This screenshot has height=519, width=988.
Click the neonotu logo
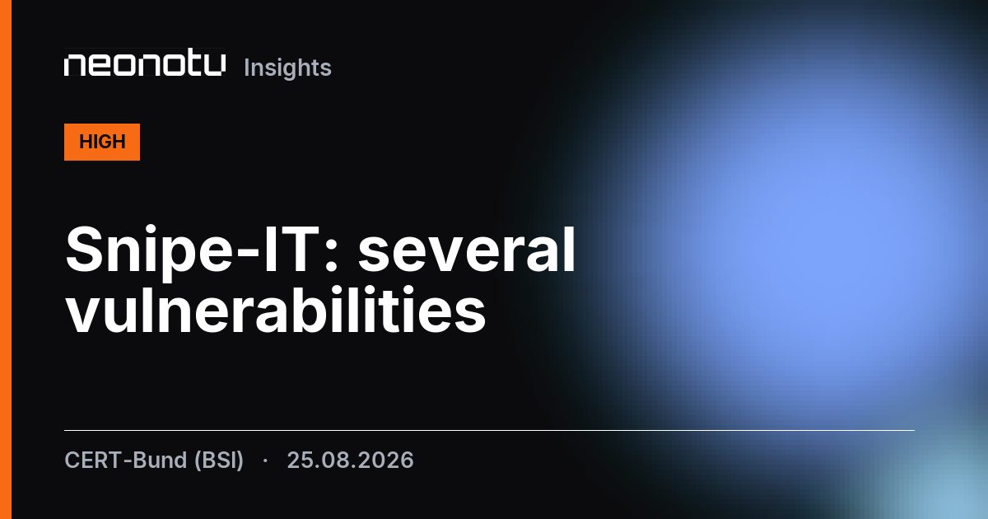pyautogui.click(x=145, y=65)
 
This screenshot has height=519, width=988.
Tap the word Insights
pyautogui.click(x=287, y=68)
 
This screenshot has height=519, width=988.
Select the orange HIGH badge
pyautogui.click(x=102, y=142)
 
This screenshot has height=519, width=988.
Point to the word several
pyautogui.click(x=467, y=250)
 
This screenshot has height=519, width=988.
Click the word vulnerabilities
pyautogui.click(x=276, y=310)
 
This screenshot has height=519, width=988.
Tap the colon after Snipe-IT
pyautogui.click(x=332, y=256)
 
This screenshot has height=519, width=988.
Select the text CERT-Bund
pyautogui.click(x=126, y=460)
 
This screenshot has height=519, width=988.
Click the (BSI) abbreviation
pyautogui.click(x=219, y=461)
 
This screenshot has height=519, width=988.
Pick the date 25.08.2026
pyautogui.click(x=350, y=461)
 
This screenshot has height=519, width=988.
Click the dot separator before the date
pyautogui.click(x=265, y=461)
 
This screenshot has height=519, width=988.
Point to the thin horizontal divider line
pyautogui.click(x=489, y=430)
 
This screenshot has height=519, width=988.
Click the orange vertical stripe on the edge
pyautogui.click(x=6, y=259)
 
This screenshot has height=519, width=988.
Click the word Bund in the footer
pyautogui.click(x=160, y=460)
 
